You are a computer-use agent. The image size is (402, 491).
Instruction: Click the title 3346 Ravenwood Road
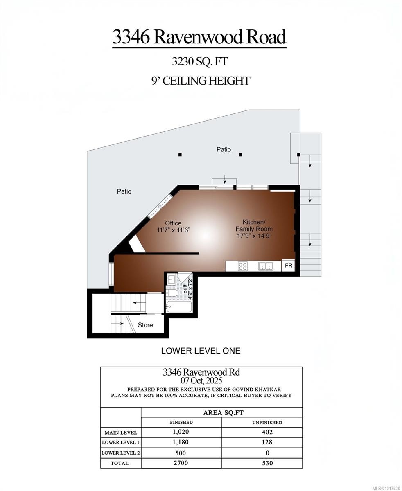[199, 37]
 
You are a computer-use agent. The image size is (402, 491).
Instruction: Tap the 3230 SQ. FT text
[200, 62]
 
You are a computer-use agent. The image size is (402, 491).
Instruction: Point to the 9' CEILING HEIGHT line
[201, 81]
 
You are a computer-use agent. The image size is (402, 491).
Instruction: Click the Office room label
[173, 223]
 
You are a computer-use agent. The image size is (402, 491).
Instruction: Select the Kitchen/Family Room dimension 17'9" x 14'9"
[254, 236]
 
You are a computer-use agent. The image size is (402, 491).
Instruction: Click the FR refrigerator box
[288, 266]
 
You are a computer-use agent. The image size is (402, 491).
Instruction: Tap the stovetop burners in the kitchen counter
[243, 266]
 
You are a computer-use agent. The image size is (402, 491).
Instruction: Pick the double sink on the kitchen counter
[265, 266]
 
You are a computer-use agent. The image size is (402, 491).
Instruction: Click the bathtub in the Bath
[179, 306]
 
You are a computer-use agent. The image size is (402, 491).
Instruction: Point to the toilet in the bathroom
[172, 293]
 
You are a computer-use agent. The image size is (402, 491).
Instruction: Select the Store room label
[145, 325]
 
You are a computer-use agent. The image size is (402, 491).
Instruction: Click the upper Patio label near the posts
[224, 150]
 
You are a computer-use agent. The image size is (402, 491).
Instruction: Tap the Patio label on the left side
[124, 191]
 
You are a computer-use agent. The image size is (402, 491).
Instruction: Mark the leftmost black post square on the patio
[180, 155]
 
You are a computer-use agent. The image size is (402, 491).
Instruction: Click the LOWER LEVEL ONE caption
[201, 351]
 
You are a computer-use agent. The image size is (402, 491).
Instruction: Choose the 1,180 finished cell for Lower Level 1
[181, 442]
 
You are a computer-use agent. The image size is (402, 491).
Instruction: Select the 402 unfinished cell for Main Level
[267, 432]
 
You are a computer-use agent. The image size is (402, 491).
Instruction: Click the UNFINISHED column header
[267, 423]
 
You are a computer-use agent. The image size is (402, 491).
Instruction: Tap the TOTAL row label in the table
[119, 464]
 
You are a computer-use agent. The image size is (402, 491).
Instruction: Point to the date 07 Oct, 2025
[201, 381]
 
